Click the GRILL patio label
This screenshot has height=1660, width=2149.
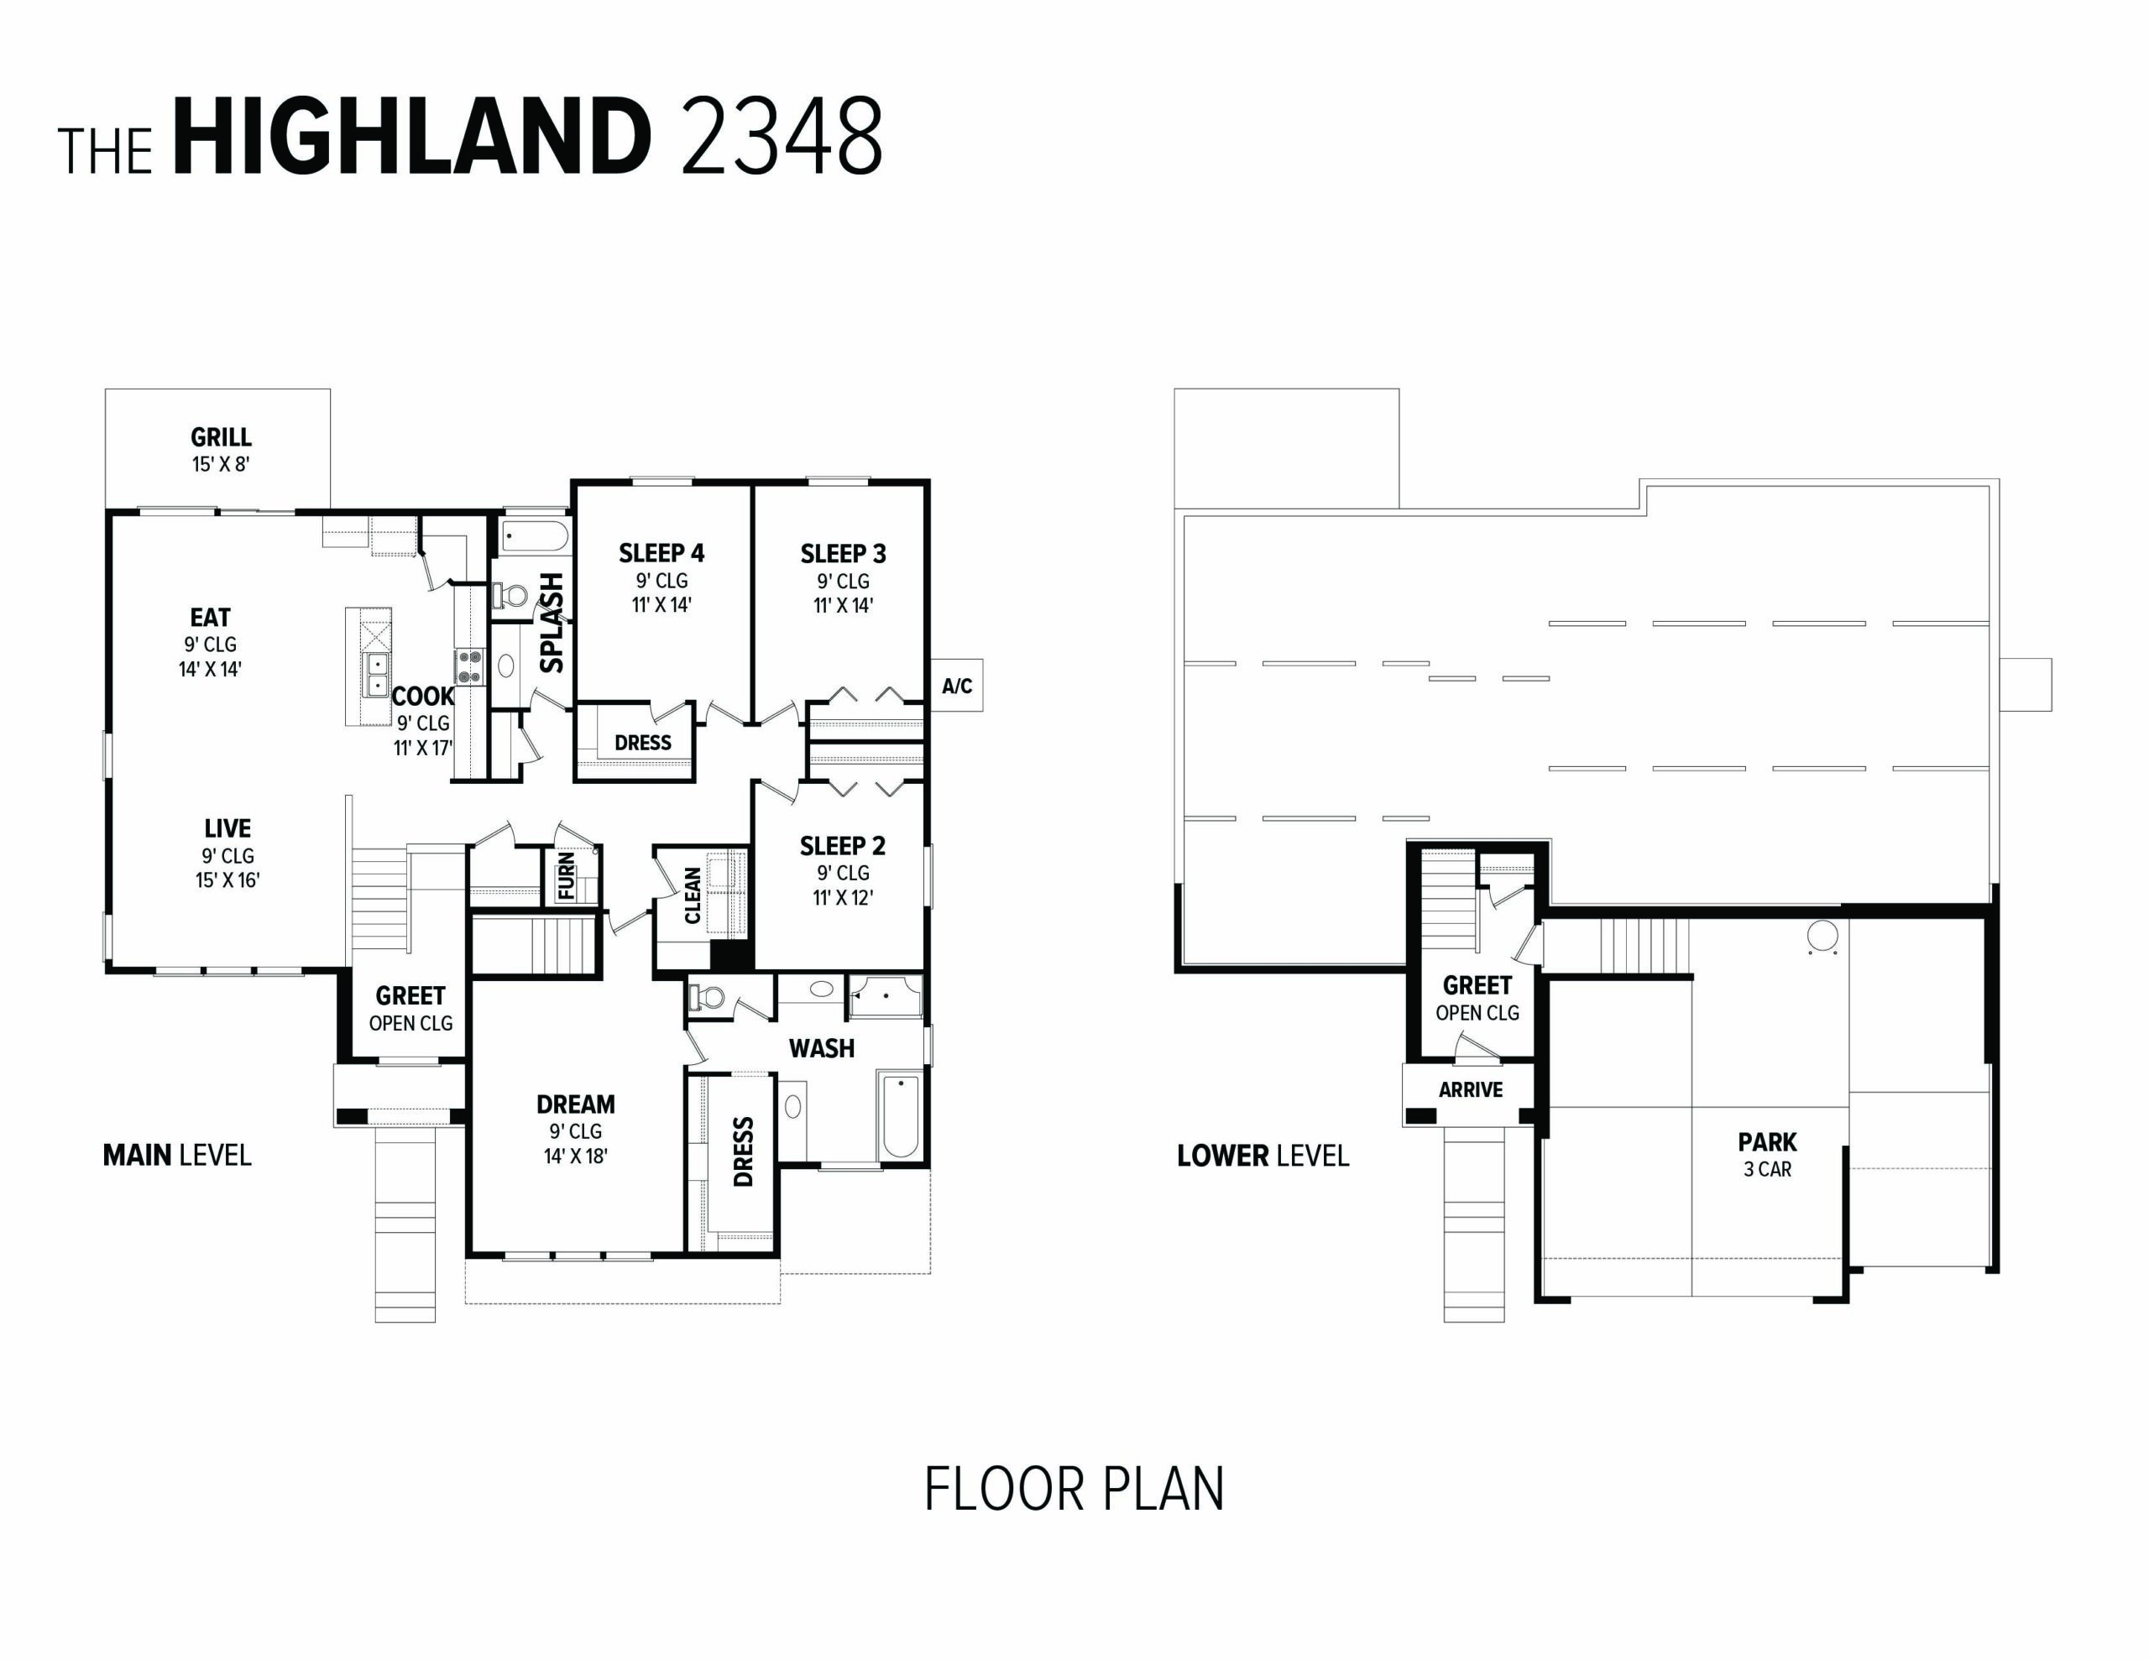[221, 437]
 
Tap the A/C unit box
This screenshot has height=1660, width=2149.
[956, 686]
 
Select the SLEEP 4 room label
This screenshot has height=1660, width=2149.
[661, 553]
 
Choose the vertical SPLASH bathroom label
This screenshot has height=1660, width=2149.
[553, 623]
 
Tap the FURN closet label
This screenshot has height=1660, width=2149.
[567, 876]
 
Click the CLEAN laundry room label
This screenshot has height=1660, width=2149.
[693, 895]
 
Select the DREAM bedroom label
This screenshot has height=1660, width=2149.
[576, 1104]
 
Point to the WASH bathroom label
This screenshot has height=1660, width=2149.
[822, 1049]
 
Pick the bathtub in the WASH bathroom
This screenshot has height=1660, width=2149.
[899, 1116]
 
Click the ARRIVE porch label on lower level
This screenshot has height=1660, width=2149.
[1470, 1090]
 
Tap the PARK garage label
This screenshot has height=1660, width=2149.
[1767, 1142]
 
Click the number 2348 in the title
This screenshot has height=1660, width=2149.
[782, 138]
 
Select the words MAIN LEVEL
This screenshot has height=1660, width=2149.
[177, 1156]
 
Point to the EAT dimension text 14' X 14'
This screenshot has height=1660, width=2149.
[210, 669]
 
